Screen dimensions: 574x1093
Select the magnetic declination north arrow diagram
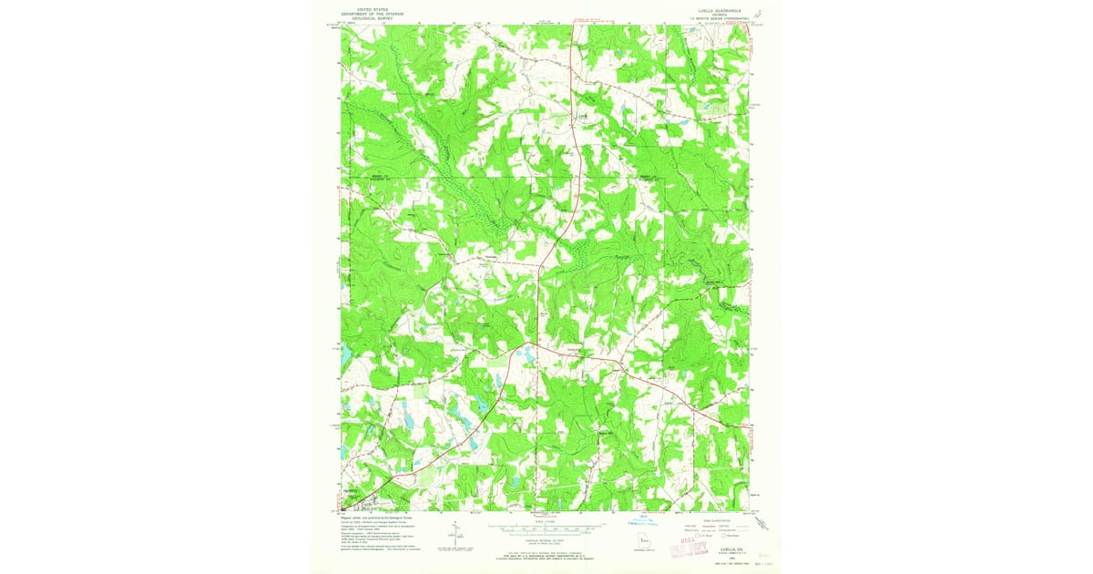coord(455,537)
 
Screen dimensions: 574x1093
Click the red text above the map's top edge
coord(583,19)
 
